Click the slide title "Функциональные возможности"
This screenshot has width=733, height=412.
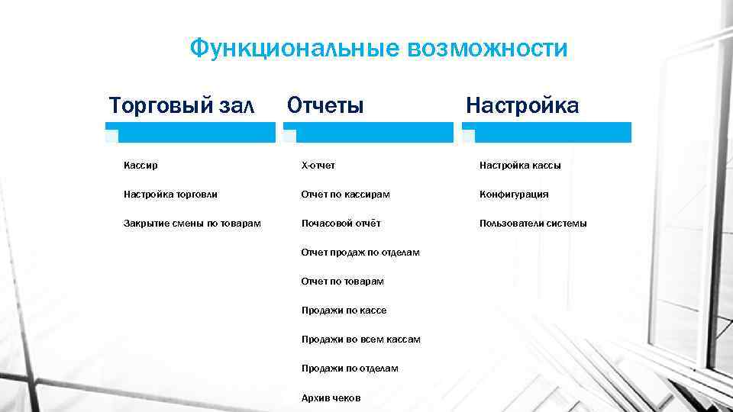click(379, 49)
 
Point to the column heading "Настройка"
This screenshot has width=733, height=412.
click(522, 105)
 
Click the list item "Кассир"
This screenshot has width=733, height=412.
click(140, 165)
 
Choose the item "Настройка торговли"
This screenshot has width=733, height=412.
click(170, 195)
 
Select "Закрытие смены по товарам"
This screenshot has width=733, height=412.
click(192, 224)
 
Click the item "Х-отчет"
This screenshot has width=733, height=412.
click(318, 165)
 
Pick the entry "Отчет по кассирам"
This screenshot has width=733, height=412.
click(345, 195)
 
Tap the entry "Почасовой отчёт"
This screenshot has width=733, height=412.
click(341, 224)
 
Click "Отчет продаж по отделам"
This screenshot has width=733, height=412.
click(360, 253)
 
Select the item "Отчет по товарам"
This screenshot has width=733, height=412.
click(342, 282)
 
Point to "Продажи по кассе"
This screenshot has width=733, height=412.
click(344, 311)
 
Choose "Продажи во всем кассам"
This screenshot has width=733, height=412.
click(360, 340)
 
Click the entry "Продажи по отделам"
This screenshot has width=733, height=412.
click(350, 369)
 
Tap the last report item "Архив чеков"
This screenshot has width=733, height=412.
click(331, 398)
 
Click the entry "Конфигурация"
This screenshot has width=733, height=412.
click(514, 195)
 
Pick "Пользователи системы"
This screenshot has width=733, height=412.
click(533, 224)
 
